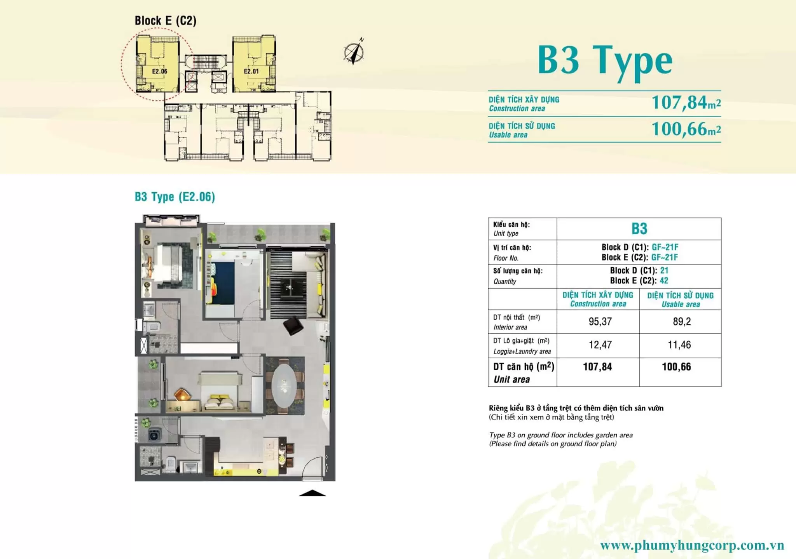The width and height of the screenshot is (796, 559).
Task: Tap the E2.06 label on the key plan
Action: tap(159, 71)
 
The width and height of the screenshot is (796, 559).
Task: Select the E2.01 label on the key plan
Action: tap(251, 71)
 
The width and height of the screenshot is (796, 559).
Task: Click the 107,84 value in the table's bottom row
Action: tap(597, 367)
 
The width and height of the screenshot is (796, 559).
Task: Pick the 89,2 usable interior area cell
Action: tap(682, 322)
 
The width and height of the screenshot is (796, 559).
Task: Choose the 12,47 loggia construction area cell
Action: tap(600, 345)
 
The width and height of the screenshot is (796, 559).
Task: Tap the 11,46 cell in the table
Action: tap(679, 345)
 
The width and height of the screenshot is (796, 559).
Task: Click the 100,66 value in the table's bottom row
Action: tap(676, 367)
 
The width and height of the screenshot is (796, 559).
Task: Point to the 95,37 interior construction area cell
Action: tap(600, 322)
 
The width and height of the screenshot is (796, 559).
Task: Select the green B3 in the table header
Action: tap(639, 229)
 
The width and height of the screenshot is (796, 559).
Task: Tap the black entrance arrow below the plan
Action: tap(312, 493)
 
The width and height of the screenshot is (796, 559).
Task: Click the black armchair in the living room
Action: tap(293, 326)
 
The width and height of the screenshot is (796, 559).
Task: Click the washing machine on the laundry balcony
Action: tap(155, 435)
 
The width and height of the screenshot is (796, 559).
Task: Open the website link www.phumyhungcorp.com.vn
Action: tap(692, 546)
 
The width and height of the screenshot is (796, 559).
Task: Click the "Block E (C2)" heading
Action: tap(166, 21)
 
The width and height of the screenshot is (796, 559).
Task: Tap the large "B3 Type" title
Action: tap(605, 61)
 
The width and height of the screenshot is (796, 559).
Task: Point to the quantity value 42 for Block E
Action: tap(664, 280)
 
